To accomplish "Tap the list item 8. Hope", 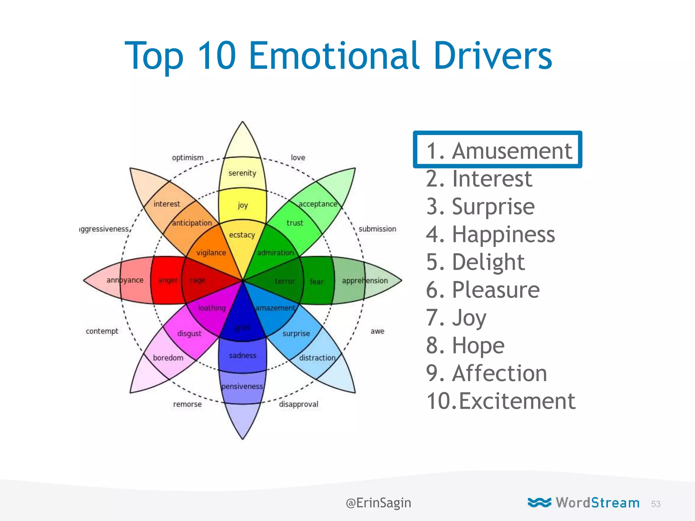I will coord(465,346).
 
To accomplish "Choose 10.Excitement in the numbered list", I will coord(501,401).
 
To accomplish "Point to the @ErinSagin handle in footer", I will coord(378,503).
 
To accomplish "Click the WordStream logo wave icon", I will coord(539,502).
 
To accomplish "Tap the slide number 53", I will coord(656,504).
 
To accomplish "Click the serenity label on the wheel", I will coord(242,173).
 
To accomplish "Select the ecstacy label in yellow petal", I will coord(242,235).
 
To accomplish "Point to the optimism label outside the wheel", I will coord(188,158).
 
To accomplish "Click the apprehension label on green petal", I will coord(364,281).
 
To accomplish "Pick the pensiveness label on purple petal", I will coord(242,386).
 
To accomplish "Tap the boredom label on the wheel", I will coord(168,358).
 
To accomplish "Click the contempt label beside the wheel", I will coord(102,331).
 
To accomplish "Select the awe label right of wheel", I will coord(377,331).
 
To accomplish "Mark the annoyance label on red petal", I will coord(125,280).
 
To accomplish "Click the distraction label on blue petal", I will coord(317,358).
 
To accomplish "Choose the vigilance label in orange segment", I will coord(211,253).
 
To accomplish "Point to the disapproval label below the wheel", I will coord(298,404).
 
